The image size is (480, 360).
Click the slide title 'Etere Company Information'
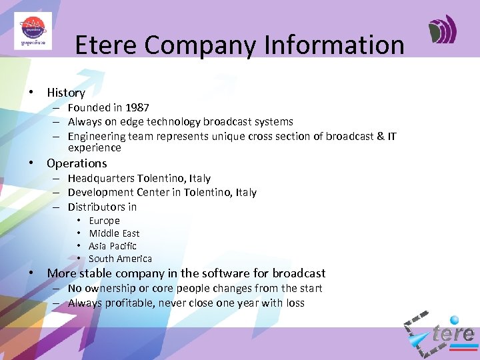coord(239,45)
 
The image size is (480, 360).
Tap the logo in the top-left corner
coord(33,31)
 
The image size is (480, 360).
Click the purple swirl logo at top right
coord(442,30)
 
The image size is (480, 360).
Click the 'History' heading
coord(66,93)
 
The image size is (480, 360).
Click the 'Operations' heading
coord(77,163)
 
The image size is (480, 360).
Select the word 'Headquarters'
coord(101,179)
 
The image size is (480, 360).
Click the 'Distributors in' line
coord(102,207)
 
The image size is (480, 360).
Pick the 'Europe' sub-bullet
coord(104,221)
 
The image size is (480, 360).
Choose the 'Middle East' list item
coord(114,233)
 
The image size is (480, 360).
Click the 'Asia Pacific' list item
coord(112,246)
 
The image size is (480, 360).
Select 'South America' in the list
coord(120,259)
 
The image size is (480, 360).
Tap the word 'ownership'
coord(110,289)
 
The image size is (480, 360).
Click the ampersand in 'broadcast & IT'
coord(380,137)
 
